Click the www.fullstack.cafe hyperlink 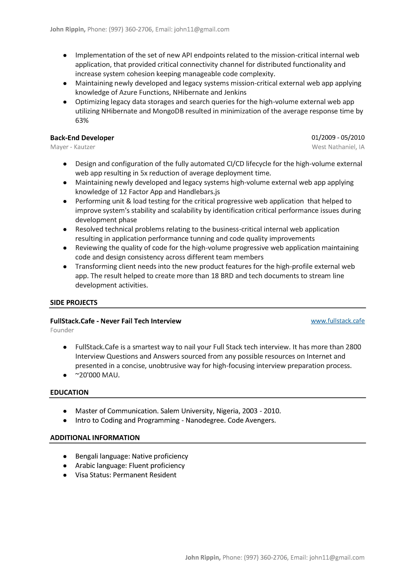[x=338, y=321]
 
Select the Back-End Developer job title [x=82, y=138]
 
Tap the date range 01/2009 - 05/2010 [x=338, y=138]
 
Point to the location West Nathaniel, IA [x=338, y=147]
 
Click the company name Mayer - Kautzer [x=73, y=147]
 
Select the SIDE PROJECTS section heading [x=74, y=303]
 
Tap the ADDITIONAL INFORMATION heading [x=95, y=437]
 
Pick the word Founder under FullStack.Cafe [x=62, y=330]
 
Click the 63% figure [x=82, y=120]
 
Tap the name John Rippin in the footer [x=202, y=557]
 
